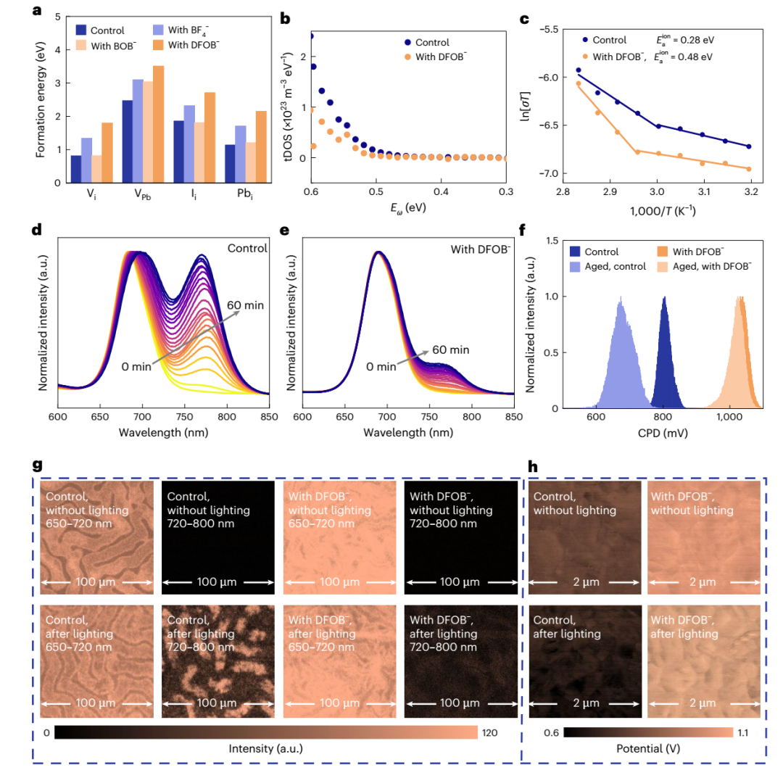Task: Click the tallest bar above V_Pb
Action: [x=158, y=123]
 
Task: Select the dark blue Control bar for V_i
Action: [x=76, y=168]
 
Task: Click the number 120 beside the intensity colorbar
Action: [x=491, y=733]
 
